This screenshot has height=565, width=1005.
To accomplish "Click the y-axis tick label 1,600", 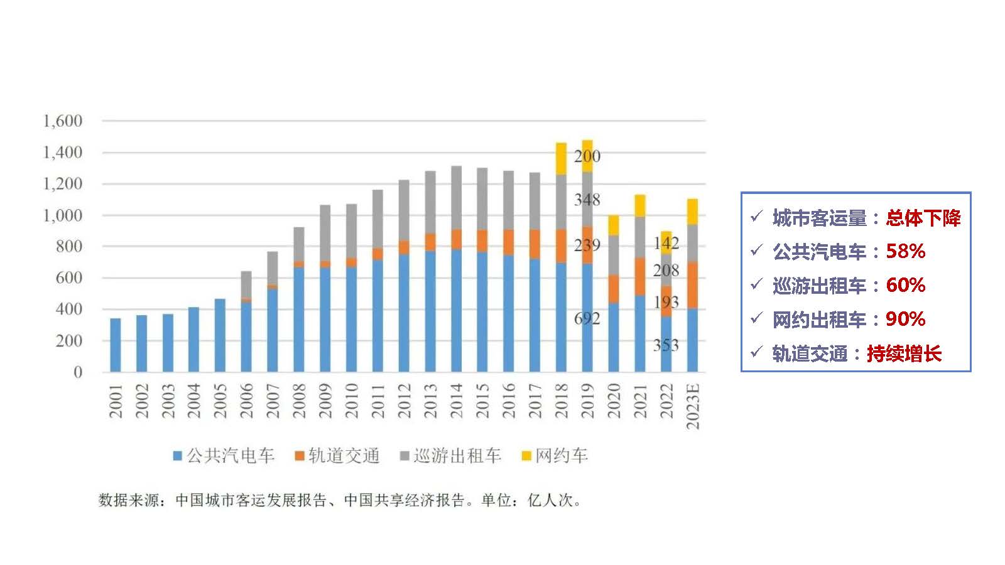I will click(62, 121).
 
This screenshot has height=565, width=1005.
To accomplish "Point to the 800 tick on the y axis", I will click(68, 246).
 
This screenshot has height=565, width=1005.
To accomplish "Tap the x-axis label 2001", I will click(116, 401).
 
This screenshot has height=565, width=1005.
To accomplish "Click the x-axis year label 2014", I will click(456, 401).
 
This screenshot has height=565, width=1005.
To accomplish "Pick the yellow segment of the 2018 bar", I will click(561, 159).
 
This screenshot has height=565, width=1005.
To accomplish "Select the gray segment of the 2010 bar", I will click(351, 231).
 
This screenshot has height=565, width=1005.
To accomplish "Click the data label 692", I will click(587, 319).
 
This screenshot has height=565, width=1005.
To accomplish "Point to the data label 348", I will click(587, 200).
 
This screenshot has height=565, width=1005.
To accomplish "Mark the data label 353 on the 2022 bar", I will click(666, 345).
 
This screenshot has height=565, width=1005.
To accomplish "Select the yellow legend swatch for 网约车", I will click(526, 456).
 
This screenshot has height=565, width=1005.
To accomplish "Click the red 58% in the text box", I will click(905, 251).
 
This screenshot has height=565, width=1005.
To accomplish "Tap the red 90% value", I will click(905, 319).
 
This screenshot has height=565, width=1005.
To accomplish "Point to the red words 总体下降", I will click(923, 218).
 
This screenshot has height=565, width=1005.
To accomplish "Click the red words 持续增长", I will click(904, 353).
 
